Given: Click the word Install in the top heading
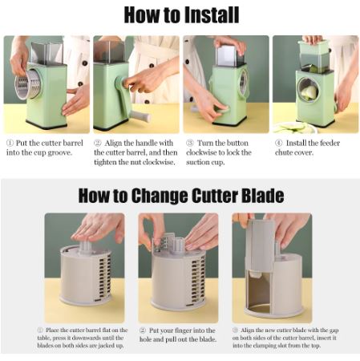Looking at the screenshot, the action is [x=212, y=15].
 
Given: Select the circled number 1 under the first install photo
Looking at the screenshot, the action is [x=10, y=143].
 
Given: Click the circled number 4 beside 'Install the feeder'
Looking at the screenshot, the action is [x=279, y=143].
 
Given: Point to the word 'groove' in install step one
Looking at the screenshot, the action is [x=59, y=153].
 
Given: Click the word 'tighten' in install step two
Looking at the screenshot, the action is [x=105, y=162].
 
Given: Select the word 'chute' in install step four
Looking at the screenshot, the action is [x=284, y=152].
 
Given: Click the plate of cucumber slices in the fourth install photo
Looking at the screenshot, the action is [x=295, y=128].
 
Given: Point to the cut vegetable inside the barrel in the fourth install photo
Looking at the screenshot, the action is [x=309, y=92].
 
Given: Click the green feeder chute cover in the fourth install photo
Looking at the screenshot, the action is [x=313, y=47].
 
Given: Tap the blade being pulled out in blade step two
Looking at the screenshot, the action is [x=164, y=241].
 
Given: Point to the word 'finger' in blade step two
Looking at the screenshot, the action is [x=182, y=331].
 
